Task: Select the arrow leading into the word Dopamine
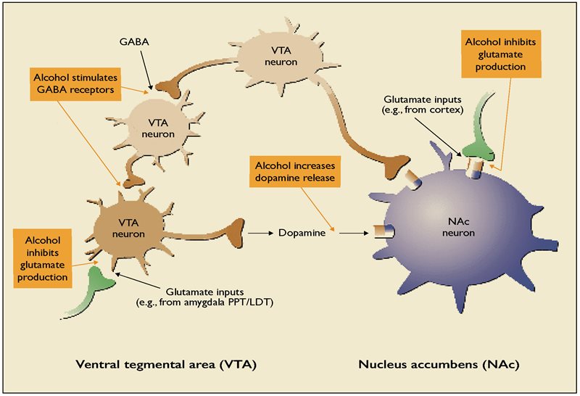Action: (260, 234)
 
